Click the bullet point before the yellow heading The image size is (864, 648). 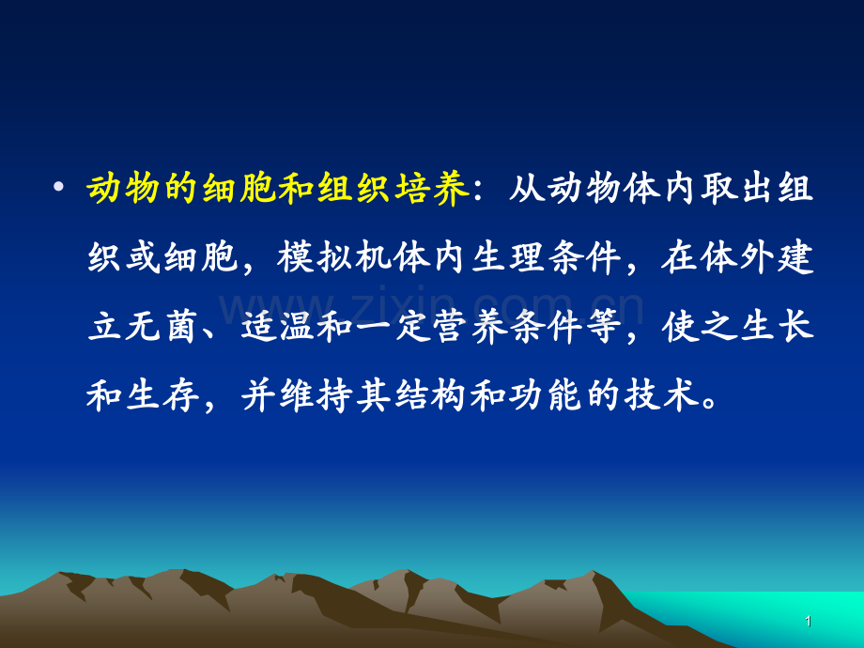pos(59,189)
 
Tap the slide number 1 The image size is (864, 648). pos(809,621)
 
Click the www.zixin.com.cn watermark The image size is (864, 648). pos(432,305)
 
